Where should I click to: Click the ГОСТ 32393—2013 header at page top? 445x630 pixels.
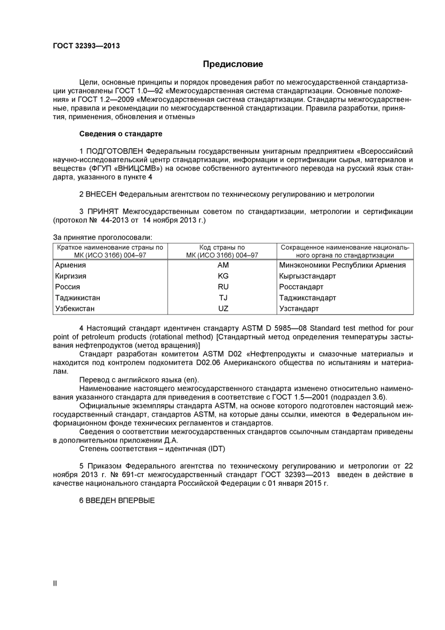(86, 46)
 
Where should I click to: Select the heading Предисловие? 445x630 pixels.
(233, 64)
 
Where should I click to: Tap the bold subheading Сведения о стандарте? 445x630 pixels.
(121, 134)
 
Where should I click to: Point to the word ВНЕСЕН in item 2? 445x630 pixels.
(101, 194)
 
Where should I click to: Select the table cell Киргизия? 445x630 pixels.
(71, 276)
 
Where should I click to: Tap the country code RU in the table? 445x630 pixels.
(223, 287)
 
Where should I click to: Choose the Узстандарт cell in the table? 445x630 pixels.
(299, 308)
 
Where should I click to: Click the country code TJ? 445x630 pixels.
(223, 297)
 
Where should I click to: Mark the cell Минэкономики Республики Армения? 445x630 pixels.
(342, 265)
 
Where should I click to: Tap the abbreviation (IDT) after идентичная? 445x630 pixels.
(217, 449)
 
